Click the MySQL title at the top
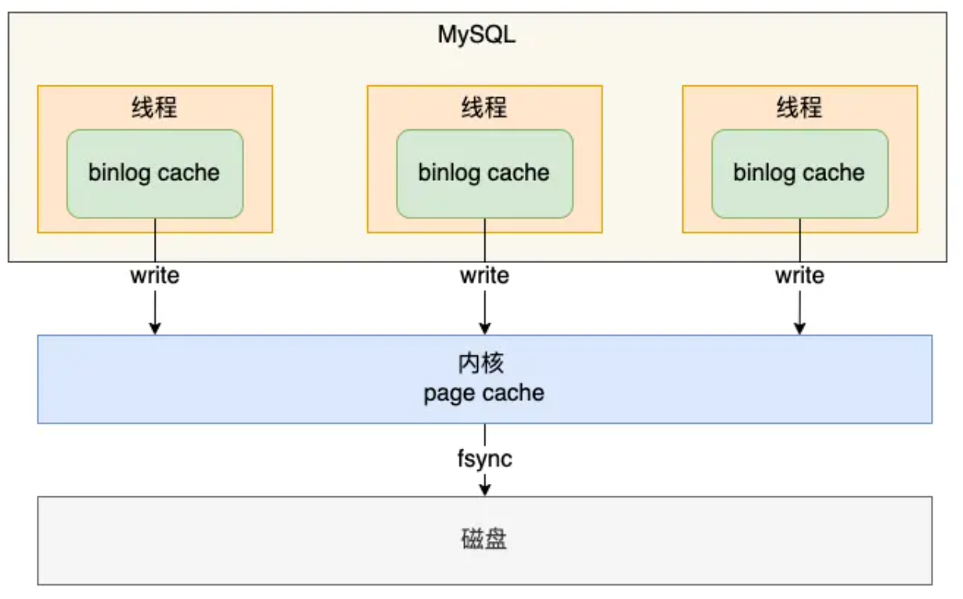tap(476, 35)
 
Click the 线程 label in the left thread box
tap(154, 107)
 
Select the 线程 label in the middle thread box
tap(484, 107)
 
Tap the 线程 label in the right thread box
tap(800, 107)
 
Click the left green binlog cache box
tap(154, 174)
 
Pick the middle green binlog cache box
tap(484, 174)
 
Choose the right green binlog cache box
tap(800, 174)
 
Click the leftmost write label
tap(155, 276)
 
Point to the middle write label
tap(484, 276)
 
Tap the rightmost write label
tap(800, 276)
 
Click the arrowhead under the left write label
tap(155, 328)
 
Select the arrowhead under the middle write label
tap(484, 328)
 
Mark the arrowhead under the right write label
tap(800, 328)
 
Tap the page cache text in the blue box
tap(484, 392)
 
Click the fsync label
tap(484, 458)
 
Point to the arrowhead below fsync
tap(484, 489)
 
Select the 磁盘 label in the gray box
tap(484, 540)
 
